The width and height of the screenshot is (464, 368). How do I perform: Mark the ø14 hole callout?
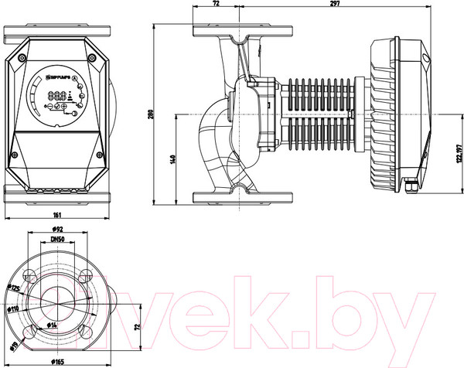(53, 325)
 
